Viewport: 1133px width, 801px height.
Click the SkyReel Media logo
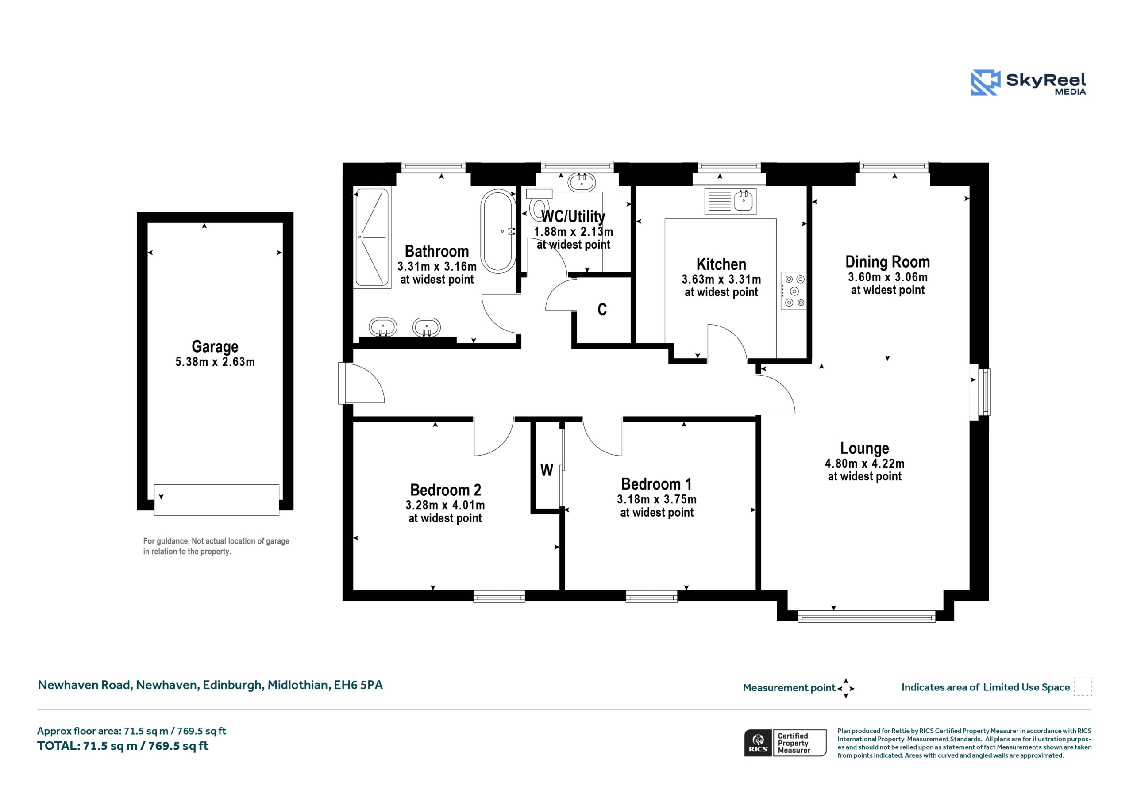[1029, 82]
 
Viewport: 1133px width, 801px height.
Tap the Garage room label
[215, 347]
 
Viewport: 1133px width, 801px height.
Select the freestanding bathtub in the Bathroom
[498, 231]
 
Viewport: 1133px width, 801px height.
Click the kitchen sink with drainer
[730, 201]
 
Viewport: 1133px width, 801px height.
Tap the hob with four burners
[794, 291]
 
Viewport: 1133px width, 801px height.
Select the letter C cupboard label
[602, 309]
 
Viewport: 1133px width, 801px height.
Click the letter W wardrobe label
[546, 470]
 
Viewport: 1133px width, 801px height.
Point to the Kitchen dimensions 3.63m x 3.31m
[721, 279]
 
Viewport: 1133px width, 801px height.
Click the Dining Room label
[887, 261]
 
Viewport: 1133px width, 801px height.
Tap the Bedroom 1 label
[656, 484]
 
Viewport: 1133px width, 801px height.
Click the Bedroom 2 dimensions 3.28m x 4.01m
[445, 505]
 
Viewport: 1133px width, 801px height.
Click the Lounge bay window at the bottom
[867, 617]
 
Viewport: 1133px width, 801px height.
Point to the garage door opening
[216, 500]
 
